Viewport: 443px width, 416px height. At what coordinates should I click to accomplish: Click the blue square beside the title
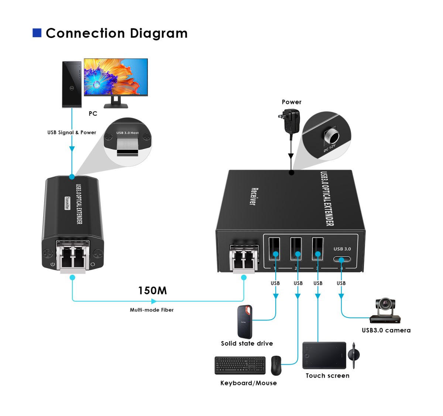[37, 33]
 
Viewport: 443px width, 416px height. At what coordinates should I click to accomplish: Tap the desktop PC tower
[72, 84]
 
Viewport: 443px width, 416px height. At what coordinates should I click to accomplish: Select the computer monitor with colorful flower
[116, 77]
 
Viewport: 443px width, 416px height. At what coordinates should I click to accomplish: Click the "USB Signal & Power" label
[72, 132]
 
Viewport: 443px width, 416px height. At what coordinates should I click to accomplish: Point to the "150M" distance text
[152, 291]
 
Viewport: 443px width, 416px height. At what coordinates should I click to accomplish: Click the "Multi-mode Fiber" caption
[152, 310]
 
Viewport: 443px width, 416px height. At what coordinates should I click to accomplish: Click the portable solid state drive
[245, 322]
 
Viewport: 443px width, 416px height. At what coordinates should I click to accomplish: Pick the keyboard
[240, 365]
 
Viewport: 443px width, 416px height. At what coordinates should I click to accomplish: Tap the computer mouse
[276, 365]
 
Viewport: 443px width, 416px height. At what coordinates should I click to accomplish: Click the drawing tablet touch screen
[324, 356]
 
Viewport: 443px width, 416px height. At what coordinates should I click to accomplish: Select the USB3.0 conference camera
[385, 311]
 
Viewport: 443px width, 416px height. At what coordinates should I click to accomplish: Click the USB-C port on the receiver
[342, 259]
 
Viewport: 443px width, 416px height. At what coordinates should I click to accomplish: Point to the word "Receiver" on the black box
[254, 197]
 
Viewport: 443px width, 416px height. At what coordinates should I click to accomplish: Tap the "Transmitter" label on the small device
[67, 203]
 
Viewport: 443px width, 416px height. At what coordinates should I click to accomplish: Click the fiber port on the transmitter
[73, 256]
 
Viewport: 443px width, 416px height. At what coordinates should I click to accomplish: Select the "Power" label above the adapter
[292, 102]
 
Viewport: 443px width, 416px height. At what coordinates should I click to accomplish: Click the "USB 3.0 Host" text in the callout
[127, 133]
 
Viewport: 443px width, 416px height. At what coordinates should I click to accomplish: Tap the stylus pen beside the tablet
[354, 355]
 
